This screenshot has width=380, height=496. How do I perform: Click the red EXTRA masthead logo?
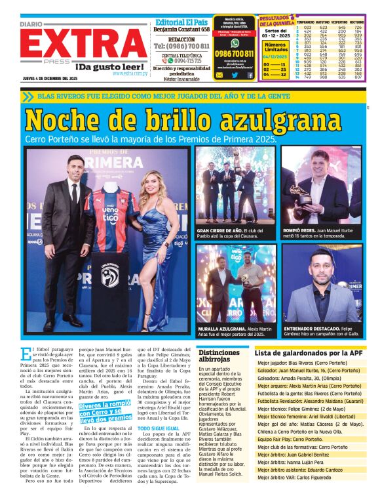point(85,41)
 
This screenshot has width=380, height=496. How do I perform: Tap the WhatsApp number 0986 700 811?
point(234,54)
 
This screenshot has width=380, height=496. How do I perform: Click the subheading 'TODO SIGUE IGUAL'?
point(157,428)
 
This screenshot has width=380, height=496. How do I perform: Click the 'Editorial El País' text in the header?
point(181,22)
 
